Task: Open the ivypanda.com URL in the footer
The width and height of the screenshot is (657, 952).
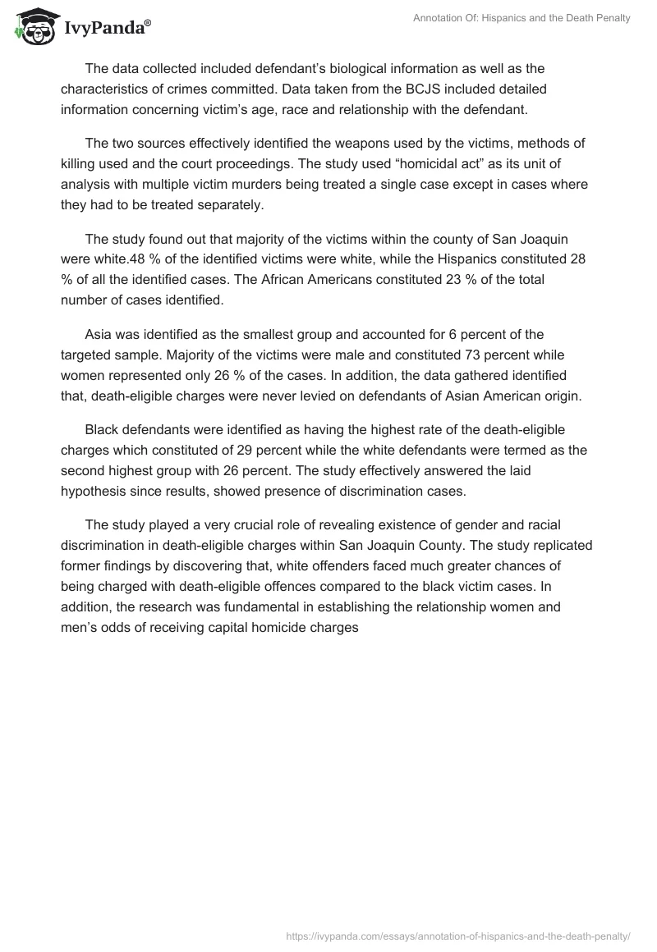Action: coord(458,936)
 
